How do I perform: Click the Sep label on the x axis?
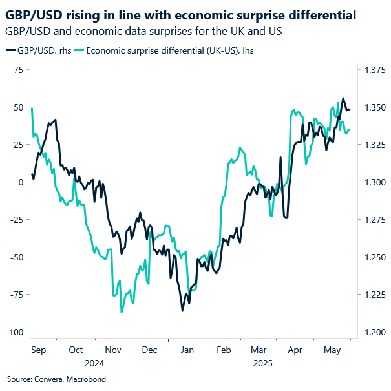pyautogui.click(x=39, y=350)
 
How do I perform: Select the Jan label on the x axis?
pyautogui.click(x=187, y=350)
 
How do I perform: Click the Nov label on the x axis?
pyautogui.click(x=113, y=350)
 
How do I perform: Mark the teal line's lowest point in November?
pyautogui.click(x=122, y=312)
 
